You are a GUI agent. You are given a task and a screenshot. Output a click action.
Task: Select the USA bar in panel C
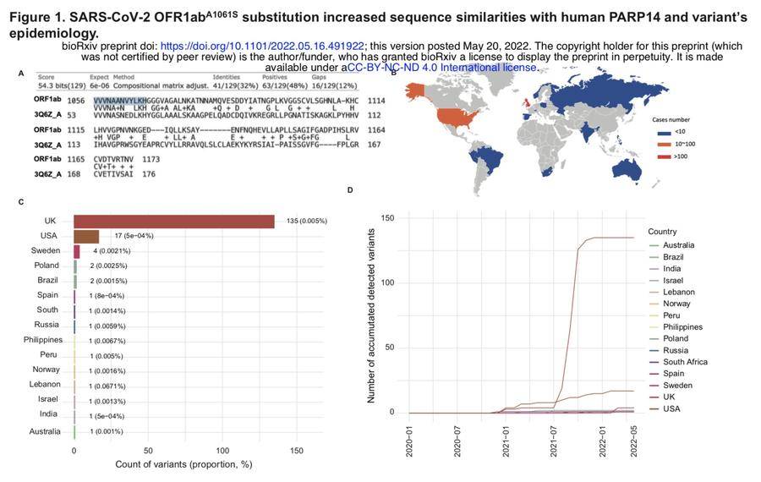pos(86,236)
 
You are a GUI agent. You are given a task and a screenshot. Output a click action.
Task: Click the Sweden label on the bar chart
pos(46,251)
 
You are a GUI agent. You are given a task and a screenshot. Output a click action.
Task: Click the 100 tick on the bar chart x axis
pos(222,451)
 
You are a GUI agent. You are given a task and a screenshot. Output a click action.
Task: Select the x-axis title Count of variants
pos(185,465)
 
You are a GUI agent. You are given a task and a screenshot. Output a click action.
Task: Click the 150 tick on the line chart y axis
pos(388,218)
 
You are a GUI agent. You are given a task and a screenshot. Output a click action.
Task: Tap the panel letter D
pos(351,191)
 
